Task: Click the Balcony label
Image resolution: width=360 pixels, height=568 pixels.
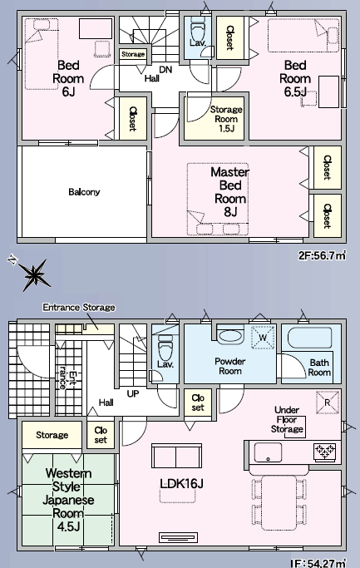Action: click(x=84, y=191)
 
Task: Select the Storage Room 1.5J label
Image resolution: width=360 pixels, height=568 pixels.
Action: click(x=226, y=119)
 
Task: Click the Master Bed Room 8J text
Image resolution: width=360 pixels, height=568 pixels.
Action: click(x=230, y=191)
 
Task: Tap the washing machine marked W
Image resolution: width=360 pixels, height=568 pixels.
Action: click(x=263, y=338)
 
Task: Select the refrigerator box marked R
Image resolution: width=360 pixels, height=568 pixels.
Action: click(x=328, y=403)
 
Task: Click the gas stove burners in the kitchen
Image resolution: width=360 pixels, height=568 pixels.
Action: click(x=326, y=452)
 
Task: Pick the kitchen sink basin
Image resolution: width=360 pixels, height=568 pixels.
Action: click(x=268, y=452)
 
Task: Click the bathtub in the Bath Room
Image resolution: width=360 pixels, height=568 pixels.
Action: click(x=310, y=338)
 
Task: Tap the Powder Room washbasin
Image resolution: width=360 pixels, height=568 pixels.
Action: click(x=230, y=336)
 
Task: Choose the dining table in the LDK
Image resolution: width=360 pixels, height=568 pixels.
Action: click(x=279, y=503)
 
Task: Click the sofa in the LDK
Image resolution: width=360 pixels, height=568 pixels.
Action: click(x=176, y=457)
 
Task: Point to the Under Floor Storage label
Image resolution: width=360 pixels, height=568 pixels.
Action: click(x=287, y=419)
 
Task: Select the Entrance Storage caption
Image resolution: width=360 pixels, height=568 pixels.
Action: click(x=79, y=307)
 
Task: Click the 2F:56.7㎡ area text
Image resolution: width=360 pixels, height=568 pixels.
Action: click(x=322, y=256)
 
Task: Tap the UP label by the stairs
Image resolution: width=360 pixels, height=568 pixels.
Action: click(x=132, y=393)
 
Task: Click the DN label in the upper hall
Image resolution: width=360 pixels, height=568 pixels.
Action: click(x=165, y=70)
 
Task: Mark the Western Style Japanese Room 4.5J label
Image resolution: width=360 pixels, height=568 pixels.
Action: click(x=68, y=500)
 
